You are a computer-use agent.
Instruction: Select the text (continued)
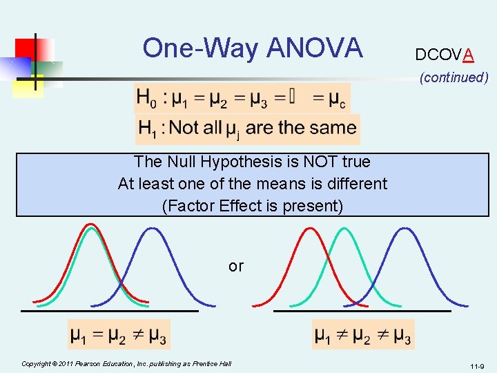pyautogui.click(x=454, y=77)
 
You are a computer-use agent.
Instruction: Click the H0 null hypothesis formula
pyautogui.click(x=242, y=98)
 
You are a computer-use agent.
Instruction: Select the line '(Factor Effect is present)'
pyautogui.click(x=252, y=206)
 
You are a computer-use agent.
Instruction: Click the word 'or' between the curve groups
pyautogui.click(x=236, y=266)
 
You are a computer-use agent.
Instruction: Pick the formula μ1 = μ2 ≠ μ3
pyautogui.click(x=118, y=336)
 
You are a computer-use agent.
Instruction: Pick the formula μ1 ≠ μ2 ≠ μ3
pyautogui.click(x=362, y=336)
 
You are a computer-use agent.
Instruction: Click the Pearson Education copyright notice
pyautogui.click(x=126, y=363)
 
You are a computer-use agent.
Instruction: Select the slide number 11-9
pyautogui.click(x=476, y=366)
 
